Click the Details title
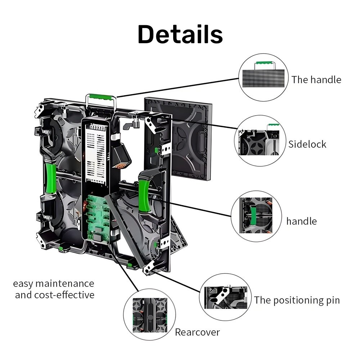[180, 35]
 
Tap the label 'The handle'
[316, 80]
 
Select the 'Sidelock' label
[307, 144]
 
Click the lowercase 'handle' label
[301, 221]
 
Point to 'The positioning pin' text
[297, 300]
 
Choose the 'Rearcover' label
[197, 332]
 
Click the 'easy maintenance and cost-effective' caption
[54, 289]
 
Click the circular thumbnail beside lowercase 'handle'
[257, 216]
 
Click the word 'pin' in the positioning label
[332, 300]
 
